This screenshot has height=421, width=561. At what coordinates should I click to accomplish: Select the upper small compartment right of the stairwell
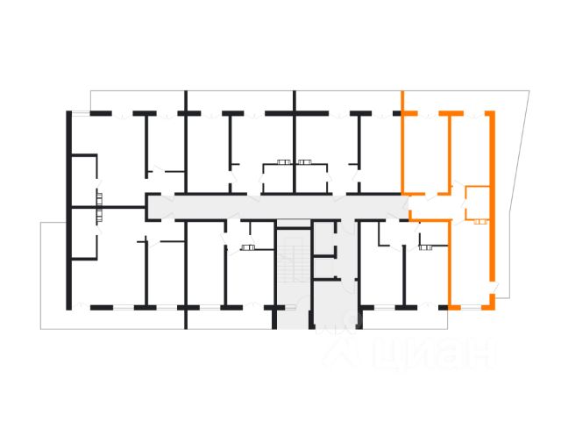coord(325,240)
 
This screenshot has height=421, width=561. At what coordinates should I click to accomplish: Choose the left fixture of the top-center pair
coord(282,161)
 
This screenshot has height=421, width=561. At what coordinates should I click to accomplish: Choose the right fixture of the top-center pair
coord(305,161)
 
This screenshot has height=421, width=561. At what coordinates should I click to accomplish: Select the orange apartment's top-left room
coord(425,151)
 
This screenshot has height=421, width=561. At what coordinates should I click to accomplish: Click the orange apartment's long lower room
coord(471,263)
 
